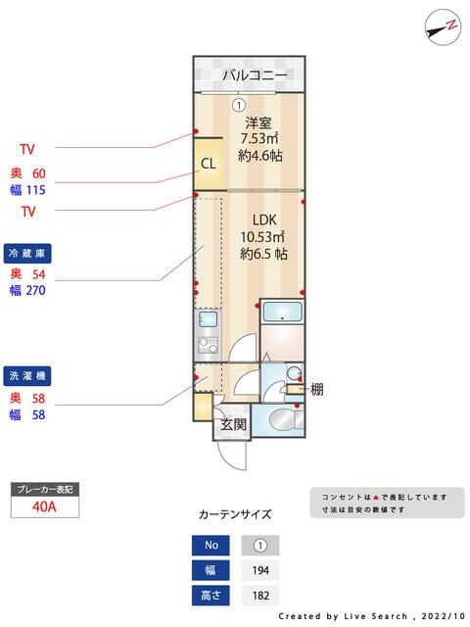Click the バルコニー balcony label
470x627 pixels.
[254, 74]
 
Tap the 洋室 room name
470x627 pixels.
[258, 123]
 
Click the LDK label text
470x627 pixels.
[262, 219]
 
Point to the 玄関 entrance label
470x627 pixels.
[233, 424]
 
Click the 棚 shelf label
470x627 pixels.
[316, 390]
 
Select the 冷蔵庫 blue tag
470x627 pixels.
[27, 252]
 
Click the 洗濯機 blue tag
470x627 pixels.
[27, 375]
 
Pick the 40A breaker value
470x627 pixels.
[43, 506]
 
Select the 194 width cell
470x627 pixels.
[259, 570]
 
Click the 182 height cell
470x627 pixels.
[259, 595]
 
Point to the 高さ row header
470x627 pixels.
[210, 595]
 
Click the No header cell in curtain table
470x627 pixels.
[210, 546]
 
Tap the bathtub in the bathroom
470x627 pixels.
[284, 314]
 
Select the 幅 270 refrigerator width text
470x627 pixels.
[27, 290]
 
